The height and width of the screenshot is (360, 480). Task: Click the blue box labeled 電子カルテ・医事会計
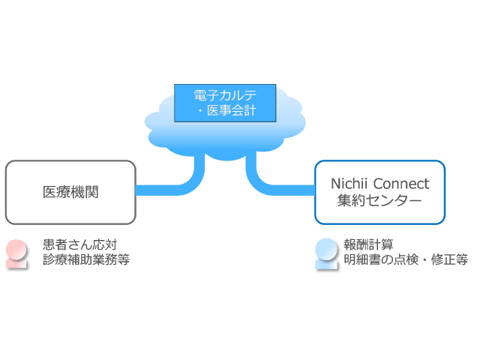pos(225,103)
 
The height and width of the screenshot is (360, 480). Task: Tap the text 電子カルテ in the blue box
pos(225,95)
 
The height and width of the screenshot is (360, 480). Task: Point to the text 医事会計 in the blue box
pos(231,110)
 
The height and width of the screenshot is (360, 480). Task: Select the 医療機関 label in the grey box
pos(70,192)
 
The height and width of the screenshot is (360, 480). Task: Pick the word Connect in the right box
pos(401,184)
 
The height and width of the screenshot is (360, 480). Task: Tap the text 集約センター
pos(379,200)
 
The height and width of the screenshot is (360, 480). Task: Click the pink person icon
pos(16,254)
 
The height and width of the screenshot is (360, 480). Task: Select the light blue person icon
pos(326,254)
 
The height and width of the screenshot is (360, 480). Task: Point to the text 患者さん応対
pos(80,245)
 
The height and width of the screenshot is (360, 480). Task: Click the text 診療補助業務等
pos(86,259)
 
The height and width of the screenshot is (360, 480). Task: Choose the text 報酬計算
pos(368,244)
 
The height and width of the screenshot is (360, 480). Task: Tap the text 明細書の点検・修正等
pos(406,259)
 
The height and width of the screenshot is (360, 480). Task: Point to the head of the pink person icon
pos(16,249)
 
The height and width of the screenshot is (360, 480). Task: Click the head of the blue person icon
pos(326,248)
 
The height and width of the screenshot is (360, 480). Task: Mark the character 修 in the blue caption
pos(436,259)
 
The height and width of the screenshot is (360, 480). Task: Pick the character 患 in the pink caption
pos(49,245)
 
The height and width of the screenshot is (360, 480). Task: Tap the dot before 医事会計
pos(200,111)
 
